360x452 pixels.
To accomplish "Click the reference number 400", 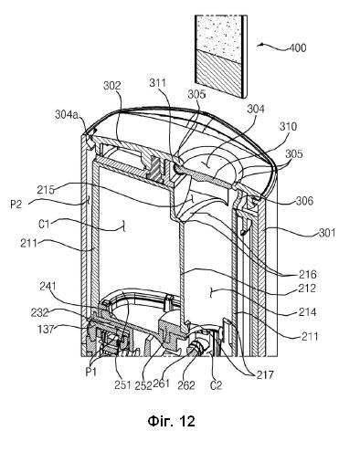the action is pos(297,48).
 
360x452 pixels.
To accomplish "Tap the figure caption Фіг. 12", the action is pos(171,421).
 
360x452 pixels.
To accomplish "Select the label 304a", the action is pos(67,115).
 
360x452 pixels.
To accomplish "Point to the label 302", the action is pos(112,86).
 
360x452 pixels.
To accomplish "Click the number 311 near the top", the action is pos(157,83).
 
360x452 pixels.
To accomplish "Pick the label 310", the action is pos(288,126).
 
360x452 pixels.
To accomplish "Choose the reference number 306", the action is pos(304,201).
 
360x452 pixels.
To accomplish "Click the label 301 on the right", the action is pos(327,234).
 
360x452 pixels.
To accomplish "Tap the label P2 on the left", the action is pos(16,205).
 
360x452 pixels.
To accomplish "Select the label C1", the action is pos(44,225).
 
